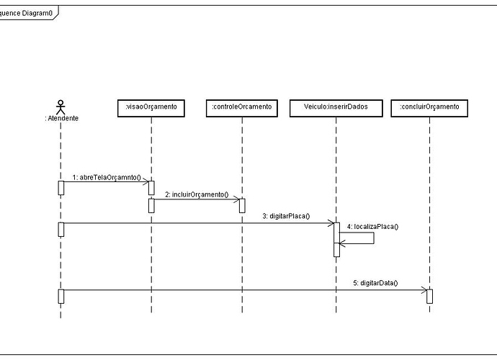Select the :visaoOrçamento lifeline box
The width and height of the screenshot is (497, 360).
pyautogui.click(x=151, y=107)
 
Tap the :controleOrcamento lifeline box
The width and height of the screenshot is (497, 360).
pyautogui.click(x=241, y=107)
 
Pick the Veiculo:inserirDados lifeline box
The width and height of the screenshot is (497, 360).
pyautogui.click(x=336, y=107)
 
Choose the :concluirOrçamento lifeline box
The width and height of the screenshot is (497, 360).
pyautogui.click(x=429, y=107)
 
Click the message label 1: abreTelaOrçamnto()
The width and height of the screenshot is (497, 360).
pyautogui.click(x=107, y=176)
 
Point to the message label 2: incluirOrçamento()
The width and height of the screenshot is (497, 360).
pyautogui.click(x=197, y=194)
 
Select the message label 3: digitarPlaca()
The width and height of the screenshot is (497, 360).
pyautogui.click(x=286, y=216)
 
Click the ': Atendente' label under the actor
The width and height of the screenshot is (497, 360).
pyautogui.click(x=61, y=118)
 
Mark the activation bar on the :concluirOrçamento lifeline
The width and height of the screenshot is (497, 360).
pyautogui.click(x=429, y=296)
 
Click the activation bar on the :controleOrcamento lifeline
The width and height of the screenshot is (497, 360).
pyautogui.click(x=242, y=206)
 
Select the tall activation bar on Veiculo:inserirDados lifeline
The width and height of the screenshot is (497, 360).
pyautogui.click(x=336, y=238)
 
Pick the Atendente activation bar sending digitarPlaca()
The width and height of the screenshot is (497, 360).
pyautogui.click(x=61, y=229)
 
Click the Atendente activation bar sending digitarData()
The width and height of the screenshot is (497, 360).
pyautogui.click(x=61, y=296)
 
